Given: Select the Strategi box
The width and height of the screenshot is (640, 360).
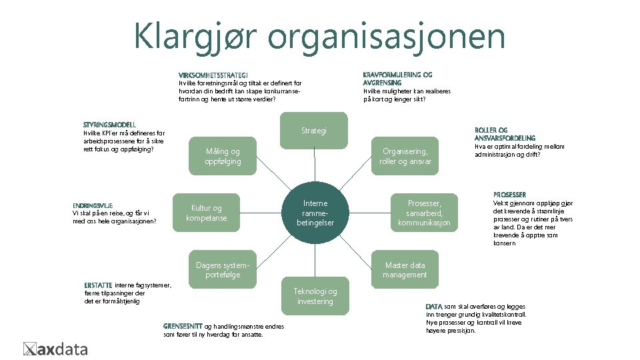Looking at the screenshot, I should tap(314, 131).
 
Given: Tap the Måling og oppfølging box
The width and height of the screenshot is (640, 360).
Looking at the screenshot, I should tap(223, 157).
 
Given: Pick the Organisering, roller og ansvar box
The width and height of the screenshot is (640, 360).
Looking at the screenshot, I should tap(405, 157).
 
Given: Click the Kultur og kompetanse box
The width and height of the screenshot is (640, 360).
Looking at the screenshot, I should tap(206, 213).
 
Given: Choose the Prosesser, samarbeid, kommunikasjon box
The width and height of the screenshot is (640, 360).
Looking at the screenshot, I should tap(424, 213).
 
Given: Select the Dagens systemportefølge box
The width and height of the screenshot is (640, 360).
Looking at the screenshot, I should tap(223, 269).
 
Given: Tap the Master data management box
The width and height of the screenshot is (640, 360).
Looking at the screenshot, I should tap(405, 269).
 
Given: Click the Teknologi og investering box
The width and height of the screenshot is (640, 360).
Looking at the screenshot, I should tap(315, 296).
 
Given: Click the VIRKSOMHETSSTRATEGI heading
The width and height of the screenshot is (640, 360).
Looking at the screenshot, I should tap(213, 75).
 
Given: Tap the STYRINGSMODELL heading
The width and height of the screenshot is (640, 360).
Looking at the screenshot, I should tap(109, 125).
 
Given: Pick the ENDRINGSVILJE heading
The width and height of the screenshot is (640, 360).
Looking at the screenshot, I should tap(93, 205).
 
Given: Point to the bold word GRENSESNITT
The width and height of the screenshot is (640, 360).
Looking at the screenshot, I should tap(183, 326).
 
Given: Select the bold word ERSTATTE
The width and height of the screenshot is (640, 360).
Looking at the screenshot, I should tap(99, 285).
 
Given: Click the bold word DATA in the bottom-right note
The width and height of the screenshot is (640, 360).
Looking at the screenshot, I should tap(434, 306).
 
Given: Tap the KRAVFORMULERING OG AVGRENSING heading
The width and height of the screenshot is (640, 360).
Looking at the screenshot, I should tap(397, 78).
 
